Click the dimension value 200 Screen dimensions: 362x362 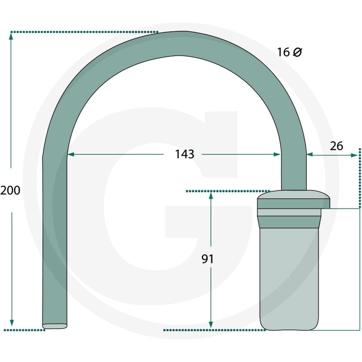pyautogui.click(x=10, y=191)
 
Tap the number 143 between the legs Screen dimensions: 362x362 pyautogui.click(x=185, y=154)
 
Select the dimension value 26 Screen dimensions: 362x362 pyautogui.click(x=336, y=146)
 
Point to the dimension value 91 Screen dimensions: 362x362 pyautogui.click(x=208, y=259)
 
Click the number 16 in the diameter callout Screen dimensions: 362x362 pyautogui.click(x=283, y=52)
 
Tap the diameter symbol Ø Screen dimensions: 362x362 pyautogui.click(x=297, y=52)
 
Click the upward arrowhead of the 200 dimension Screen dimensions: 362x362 pyautogui.click(x=11, y=36)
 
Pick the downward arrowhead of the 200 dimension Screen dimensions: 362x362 pyautogui.click(x=12, y=323)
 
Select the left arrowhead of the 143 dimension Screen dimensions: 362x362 pyautogui.click(x=71, y=154)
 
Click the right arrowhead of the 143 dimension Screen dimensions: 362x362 pyautogui.click(x=277, y=154)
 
